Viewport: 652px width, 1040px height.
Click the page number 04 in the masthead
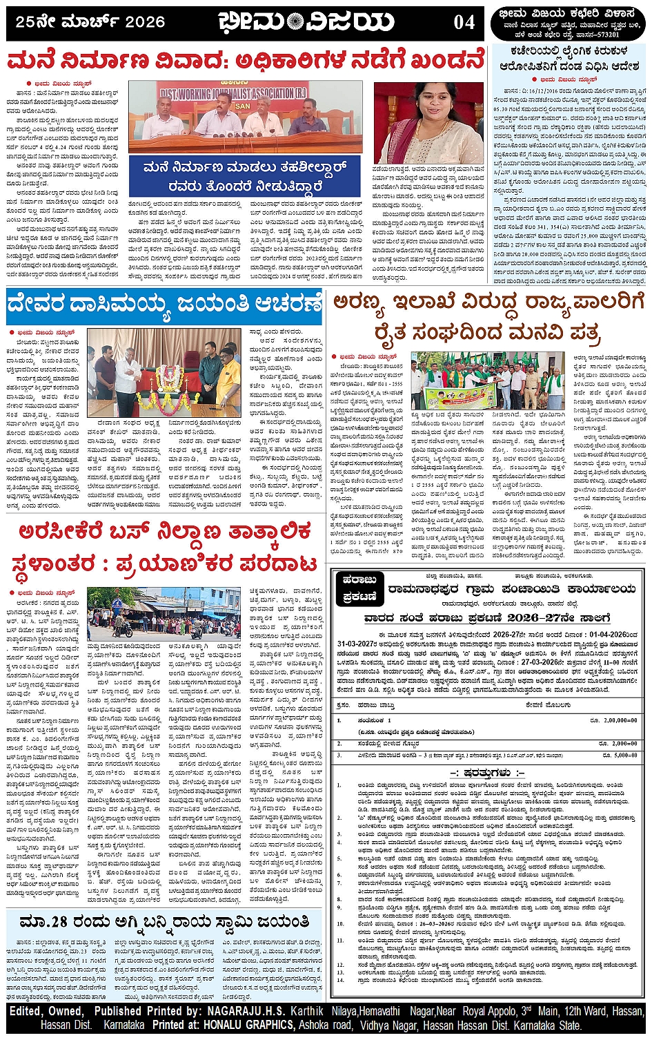[464, 22]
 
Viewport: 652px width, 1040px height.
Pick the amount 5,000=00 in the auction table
[622, 755]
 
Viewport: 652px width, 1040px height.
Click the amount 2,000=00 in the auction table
[622, 744]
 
